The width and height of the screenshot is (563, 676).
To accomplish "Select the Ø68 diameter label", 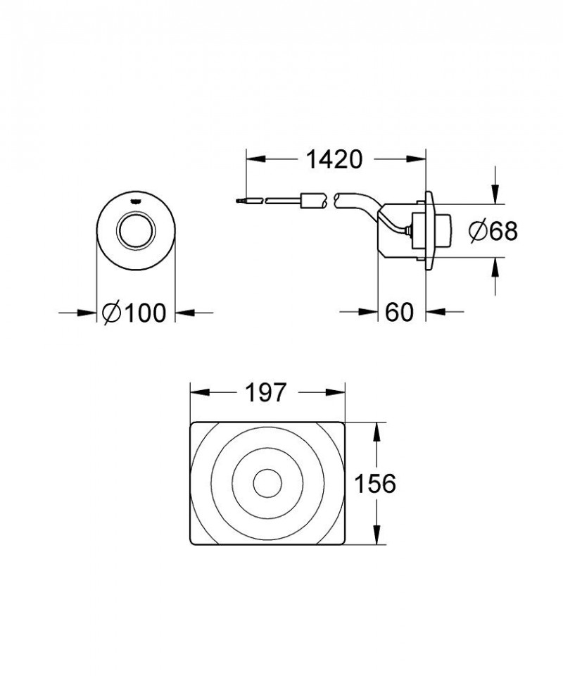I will [493, 230].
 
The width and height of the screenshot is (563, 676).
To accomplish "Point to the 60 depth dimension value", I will [399, 312].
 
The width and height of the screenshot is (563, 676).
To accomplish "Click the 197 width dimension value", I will [267, 393].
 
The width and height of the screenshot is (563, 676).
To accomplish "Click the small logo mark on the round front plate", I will [136, 199].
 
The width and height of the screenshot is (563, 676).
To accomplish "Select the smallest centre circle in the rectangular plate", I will [267, 484].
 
